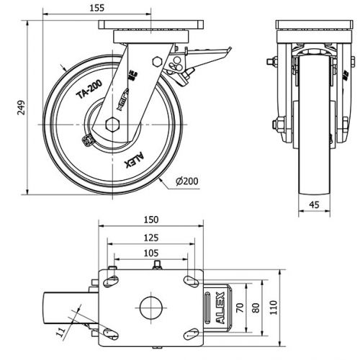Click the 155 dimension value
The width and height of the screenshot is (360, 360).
point(97,8)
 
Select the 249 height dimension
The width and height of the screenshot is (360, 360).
point(21,107)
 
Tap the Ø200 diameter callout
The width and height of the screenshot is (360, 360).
point(187,181)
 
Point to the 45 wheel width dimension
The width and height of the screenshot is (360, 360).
point(314,204)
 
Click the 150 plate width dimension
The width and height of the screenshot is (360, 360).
point(151,220)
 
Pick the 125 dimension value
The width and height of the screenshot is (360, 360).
point(151,238)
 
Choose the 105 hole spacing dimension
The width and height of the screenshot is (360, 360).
point(151,253)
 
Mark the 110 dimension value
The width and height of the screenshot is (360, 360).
point(274,307)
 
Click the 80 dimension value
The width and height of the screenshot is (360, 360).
point(256,308)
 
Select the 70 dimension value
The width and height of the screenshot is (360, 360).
point(240,308)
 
